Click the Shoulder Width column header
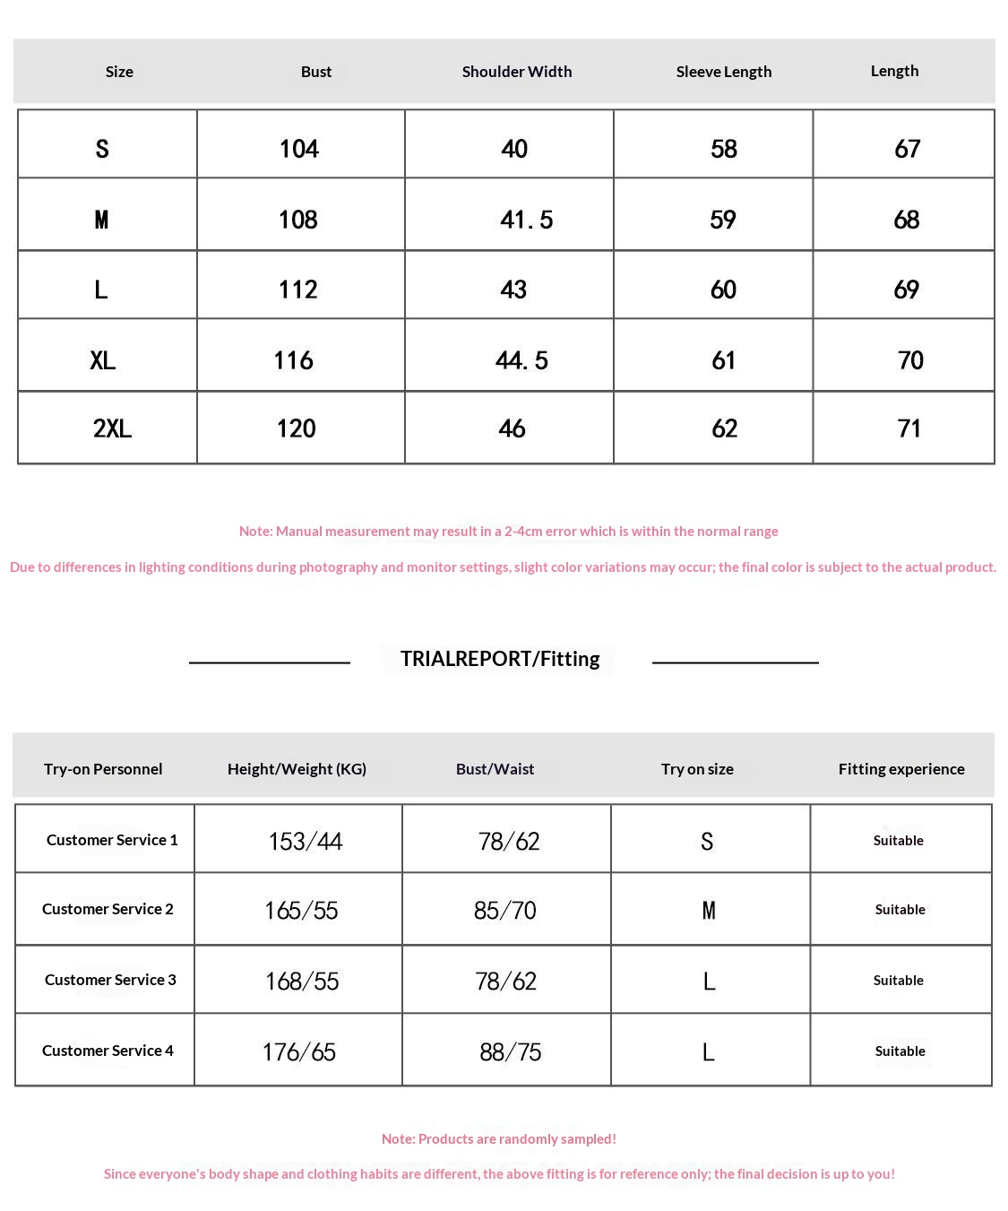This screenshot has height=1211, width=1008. [517, 72]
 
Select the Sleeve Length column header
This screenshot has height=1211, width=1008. [723, 72]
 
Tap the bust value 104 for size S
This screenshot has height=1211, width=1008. [299, 149]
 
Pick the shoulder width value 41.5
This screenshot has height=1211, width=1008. [526, 220]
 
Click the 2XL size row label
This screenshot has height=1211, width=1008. [112, 428]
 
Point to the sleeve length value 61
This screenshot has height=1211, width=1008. [723, 360]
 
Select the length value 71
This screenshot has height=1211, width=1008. [909, 428]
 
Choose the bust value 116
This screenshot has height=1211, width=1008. [294, 360]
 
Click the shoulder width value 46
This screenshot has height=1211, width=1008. [512, 428]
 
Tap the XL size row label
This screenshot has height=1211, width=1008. [103, 360]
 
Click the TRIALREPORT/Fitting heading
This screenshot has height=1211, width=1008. [500, 659]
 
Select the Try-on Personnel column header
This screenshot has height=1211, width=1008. [103, 769]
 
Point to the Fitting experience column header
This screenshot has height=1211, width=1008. [901, 769]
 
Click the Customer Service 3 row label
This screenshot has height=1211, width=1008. [110, 980]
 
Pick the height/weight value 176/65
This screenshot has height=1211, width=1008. [299, 1051]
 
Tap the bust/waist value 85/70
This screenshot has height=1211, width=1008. [505, 911]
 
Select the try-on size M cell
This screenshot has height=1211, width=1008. [709, 911]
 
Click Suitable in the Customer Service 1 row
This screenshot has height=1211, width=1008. [899, 841]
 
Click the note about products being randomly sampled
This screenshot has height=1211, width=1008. [499, 1139]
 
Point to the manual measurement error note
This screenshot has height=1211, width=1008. [508, 532]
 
